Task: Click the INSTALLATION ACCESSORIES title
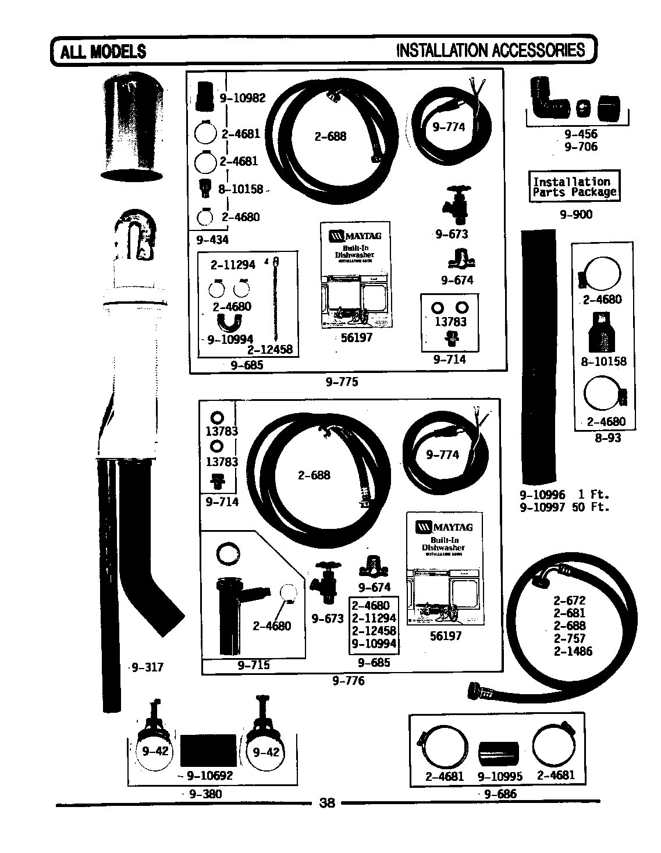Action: coord(490,51)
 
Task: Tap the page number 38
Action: coord(328,803)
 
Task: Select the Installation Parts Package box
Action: coord(574,187)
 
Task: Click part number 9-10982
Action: coord(242,98)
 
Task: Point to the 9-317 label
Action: coord(147,667)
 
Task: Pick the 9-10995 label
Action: coord(500,776)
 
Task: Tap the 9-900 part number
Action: coord(575,215)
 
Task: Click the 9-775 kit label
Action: coord(342,382)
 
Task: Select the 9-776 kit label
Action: coord(349,680)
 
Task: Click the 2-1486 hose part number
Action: coord(573,651)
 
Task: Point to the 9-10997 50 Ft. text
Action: coord(564,507)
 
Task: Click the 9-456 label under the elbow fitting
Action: coord(580,134)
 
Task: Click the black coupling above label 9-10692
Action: coord(208,751)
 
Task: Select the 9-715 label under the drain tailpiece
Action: coord(254,665)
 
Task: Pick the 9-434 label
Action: coord(212,240)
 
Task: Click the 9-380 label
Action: coord(205,794)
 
